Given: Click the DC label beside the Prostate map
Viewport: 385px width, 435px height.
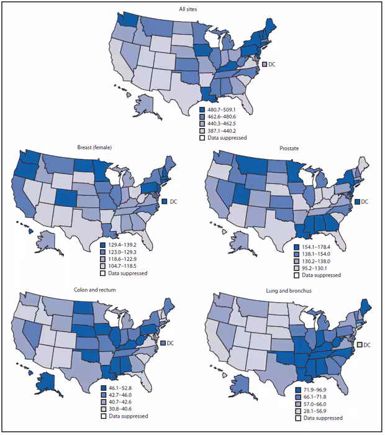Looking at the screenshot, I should pyautogui.click(x=365, y=201).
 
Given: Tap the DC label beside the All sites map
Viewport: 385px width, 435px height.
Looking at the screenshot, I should pyautogui.click(x=272, y=63).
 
